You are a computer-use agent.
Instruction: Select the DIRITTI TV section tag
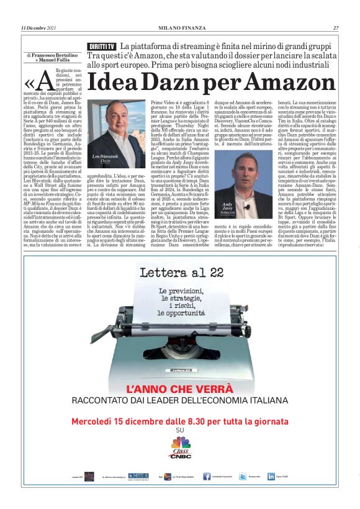point(102,47)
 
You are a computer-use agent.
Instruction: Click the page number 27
point(335,28)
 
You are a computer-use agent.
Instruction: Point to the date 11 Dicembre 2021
point(39,28)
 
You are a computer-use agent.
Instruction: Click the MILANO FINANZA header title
point(180,28)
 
